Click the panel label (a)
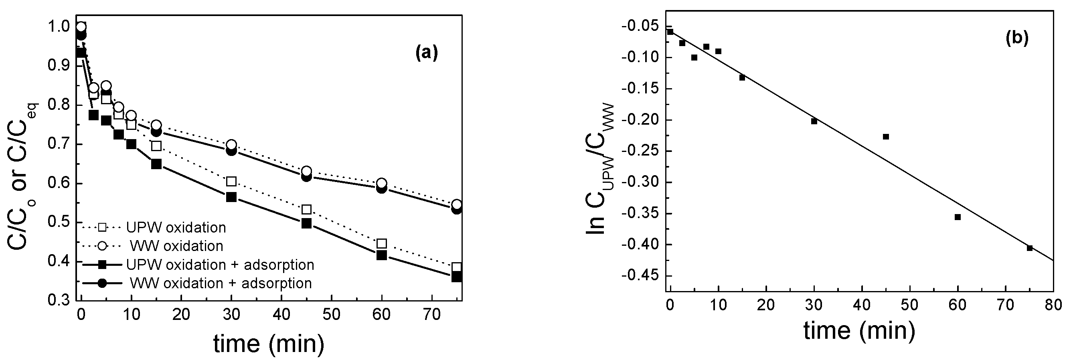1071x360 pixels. point(427,54)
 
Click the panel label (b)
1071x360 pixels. point(1016,38)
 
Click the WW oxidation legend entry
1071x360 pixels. point(176,246)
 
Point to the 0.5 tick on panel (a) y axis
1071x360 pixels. point(61,223)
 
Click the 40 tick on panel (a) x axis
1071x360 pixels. point(281,315)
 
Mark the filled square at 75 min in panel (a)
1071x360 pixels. point(456,277)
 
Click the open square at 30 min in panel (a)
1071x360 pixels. point(231,182)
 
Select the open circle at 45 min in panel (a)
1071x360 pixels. point(306,171)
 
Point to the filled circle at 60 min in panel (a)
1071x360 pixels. point(381,188)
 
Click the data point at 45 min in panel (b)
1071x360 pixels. point(886,137)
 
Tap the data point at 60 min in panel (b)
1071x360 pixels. point(958,217)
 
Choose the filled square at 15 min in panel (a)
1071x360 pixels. point(156,164)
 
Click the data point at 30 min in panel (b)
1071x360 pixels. point(814,121)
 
